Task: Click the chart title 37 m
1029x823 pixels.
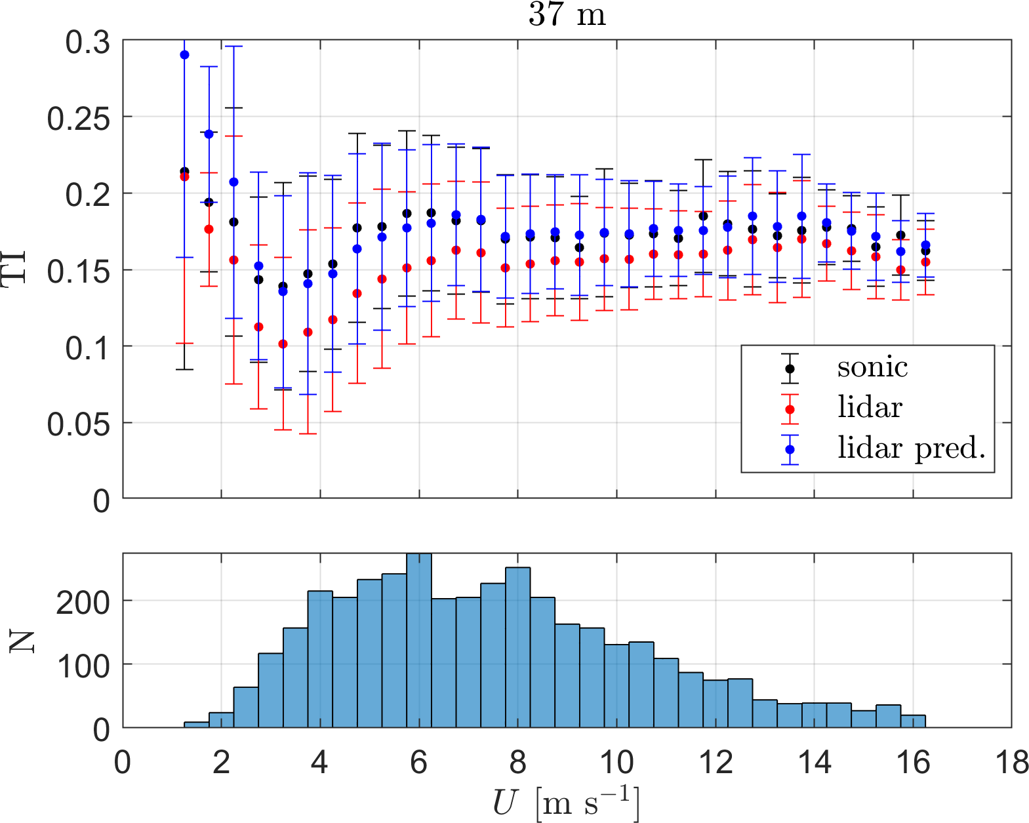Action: (x=567, y=14)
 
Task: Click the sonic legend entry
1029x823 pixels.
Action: (x=872, y=368)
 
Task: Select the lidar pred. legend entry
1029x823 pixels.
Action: (x=911, y=449)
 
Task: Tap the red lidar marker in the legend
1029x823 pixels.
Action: (x=790, y=409)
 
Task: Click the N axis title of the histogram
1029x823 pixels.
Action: (x=21, y=641)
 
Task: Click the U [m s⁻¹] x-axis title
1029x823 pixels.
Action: (x=565, y=802)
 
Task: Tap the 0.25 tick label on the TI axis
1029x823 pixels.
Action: (x=77, y=119)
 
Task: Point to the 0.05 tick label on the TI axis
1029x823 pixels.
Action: (x=77, y=424)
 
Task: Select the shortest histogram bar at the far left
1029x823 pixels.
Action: (x=196, y=725)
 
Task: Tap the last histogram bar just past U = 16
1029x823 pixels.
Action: (x=913, y=721)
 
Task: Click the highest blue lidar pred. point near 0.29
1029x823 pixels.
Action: (x=184, y=55)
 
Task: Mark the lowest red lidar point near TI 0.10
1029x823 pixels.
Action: (x=283, y=344)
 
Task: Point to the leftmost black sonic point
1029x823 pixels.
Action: (x=184, y=171)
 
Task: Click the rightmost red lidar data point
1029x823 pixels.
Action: (x=925, y=262)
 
